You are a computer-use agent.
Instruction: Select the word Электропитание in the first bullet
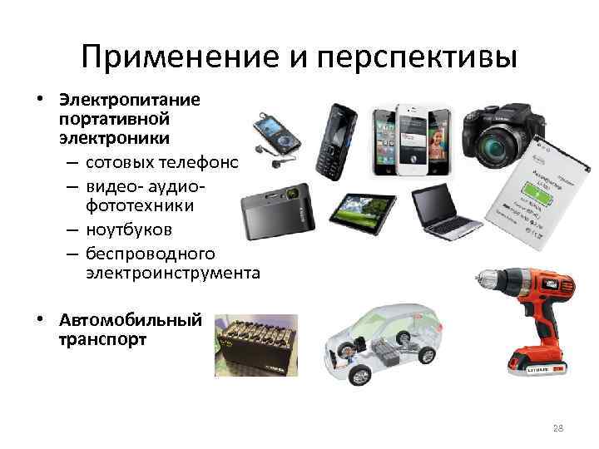[x=129, y=100]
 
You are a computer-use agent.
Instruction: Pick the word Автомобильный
[x=130, y=320]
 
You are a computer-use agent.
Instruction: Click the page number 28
[x=557, y=428]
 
